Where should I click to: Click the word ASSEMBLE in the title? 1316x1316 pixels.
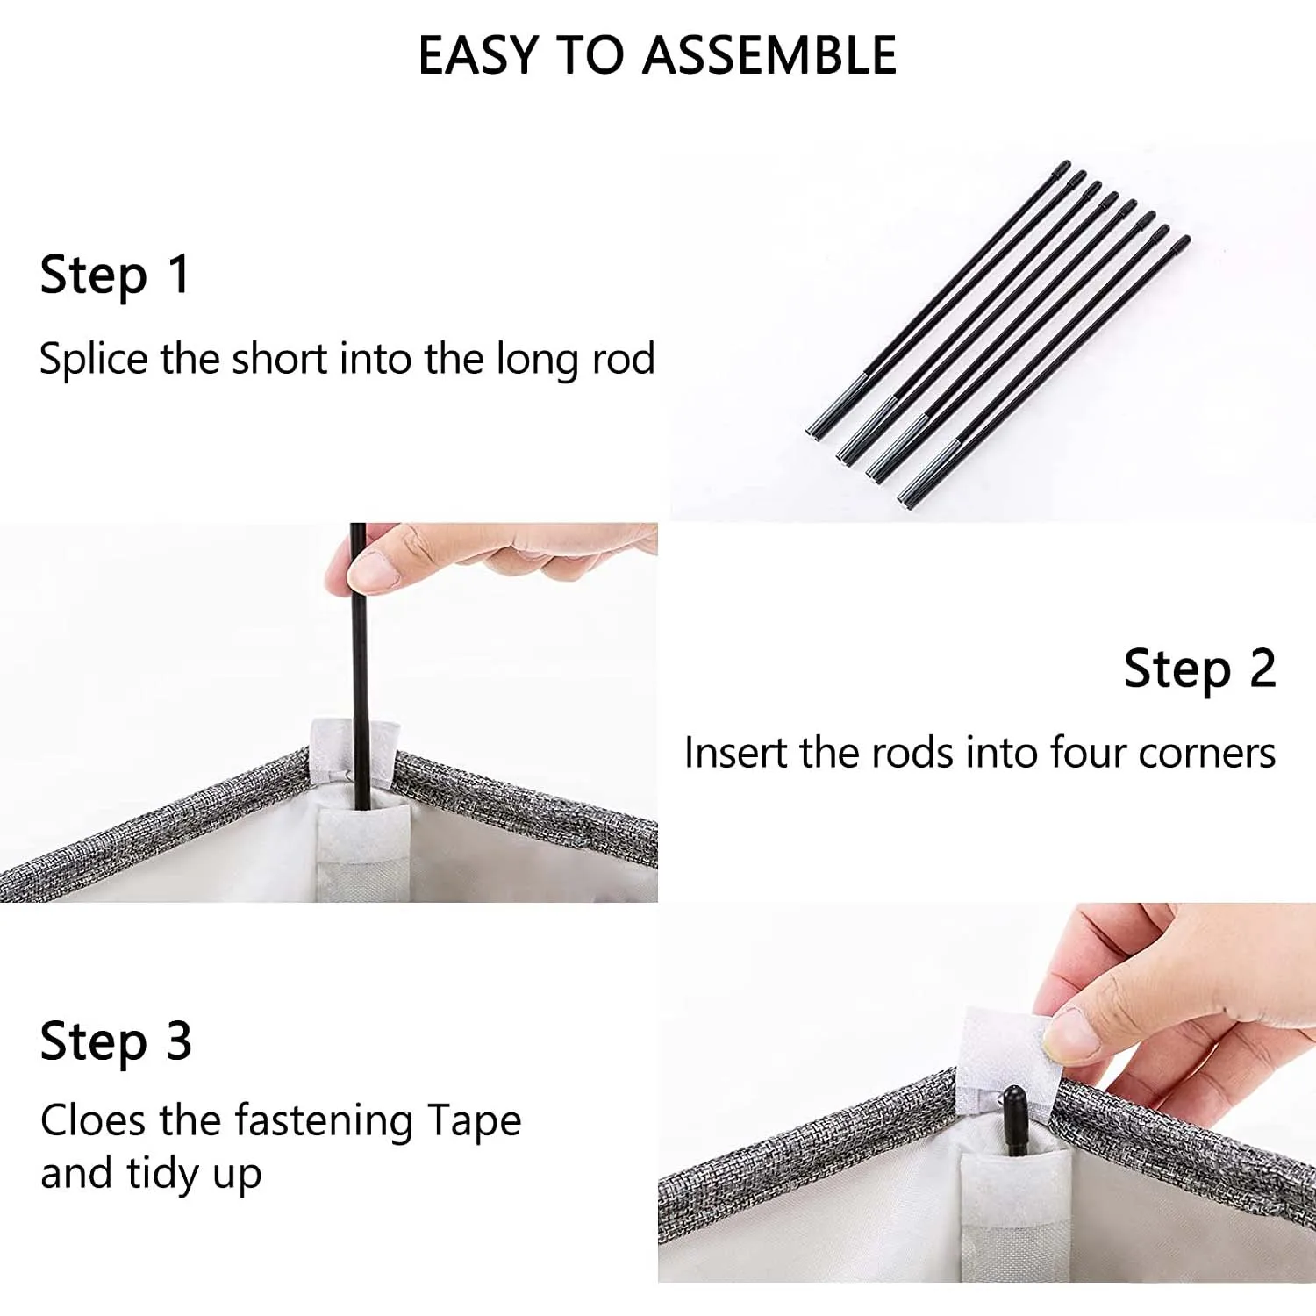(x=769, y=55)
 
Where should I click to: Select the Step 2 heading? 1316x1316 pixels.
(x=1199, y=670)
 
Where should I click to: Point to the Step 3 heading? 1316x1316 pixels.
(x=116, y=1042)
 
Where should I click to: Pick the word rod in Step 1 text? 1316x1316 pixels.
(x=623, y=359)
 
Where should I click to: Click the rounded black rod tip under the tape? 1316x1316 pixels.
(x=1013, y=1101)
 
